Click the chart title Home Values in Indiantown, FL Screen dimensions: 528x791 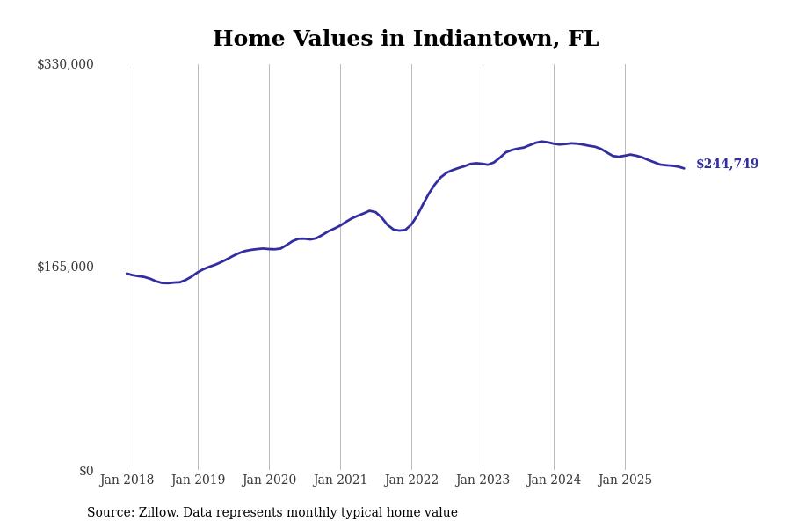click(x=405, y=40)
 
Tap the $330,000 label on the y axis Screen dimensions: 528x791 click(x=65, y=64)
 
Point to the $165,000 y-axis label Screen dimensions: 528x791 click(x=65, y=267)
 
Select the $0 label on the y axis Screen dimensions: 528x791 click(x=86, y=471)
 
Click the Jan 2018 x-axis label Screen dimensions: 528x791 click(x=127, y=480)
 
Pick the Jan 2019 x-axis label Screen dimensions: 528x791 click(x=198, y=480)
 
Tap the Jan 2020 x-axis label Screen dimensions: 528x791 click(x=269, y=480)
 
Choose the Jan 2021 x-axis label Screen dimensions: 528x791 click(x=340, y=480)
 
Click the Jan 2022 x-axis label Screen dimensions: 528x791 click(x=411, y=480)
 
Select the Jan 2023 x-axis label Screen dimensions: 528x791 click(x=483, y=480)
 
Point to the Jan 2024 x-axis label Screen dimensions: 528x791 click(x=554, y=480)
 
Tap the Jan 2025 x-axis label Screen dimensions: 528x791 click(x=625, y=480)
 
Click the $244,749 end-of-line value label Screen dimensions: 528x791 click(x=727, y=165)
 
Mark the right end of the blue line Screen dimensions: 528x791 click(x=684, y=168)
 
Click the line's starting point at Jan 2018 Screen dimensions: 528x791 click(x=127, y=273)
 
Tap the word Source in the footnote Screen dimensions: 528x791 click(x=109, y=513)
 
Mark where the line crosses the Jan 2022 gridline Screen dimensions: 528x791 click(x=411, y=224)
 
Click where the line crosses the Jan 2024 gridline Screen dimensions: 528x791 click(x=554, y=143)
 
